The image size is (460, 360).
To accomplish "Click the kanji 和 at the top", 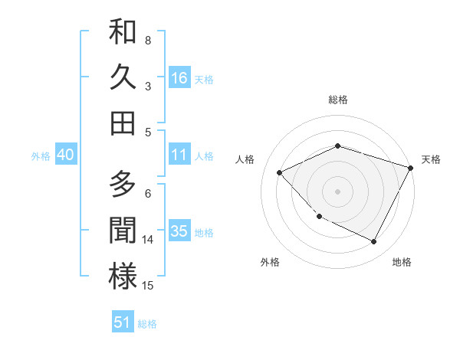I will tap(123, 33).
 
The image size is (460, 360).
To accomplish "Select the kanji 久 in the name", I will tap(123, 77).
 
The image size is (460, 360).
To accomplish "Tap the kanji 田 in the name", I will tap(123, 123).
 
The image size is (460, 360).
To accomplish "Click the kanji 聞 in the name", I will tap(123, 231).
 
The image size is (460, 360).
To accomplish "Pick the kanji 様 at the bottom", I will tap(123, 276).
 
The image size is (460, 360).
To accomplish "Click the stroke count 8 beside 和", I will tap(148, 40).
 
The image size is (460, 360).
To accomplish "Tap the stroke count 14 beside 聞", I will tap(149, 239).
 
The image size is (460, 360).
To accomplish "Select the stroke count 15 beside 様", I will tap(149, 285).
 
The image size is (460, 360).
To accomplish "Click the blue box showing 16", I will tap(179, 77).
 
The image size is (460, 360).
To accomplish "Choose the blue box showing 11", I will tap(179, 155).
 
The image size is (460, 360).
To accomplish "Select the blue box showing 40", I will tap(65, 155).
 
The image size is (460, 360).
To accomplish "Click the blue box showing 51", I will tap(123, 322).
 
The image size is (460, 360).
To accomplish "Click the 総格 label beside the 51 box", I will tap(147, 324).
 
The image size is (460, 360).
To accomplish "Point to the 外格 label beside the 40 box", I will tap(41, 156).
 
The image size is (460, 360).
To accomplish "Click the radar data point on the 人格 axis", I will tap(280, 173).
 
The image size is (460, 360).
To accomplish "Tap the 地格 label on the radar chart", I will tap(402, 262).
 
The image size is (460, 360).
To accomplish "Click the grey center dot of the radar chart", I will tap(337, 191).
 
